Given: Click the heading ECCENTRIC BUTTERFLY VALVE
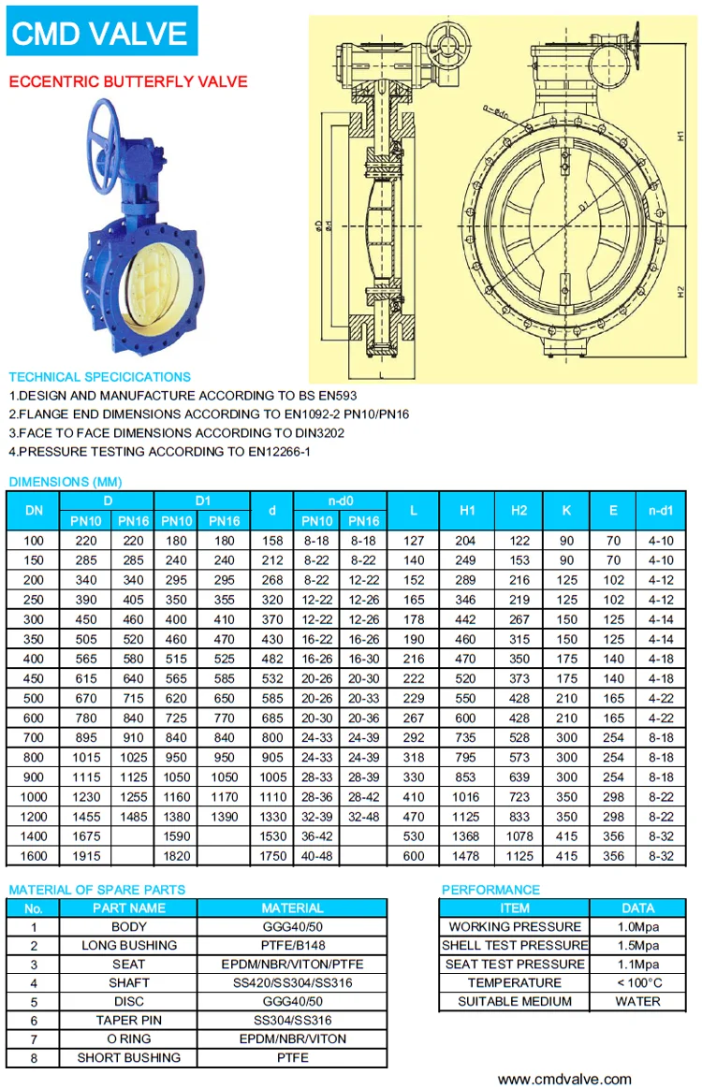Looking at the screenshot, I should coord(128,81).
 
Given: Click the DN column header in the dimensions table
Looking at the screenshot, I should coord(34,511).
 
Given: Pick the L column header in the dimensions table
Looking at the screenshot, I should coord(414,511).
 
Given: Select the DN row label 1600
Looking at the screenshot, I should coord(34,856).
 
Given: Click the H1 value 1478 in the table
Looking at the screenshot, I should coord(466,856).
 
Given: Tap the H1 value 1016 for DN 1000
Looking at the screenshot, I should coord(466,797).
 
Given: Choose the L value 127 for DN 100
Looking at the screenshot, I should coord(414,541).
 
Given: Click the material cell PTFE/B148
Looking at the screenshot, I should coord(292,946).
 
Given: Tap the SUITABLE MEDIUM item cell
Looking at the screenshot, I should coord(515,1002).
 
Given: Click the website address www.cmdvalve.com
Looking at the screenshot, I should coord(563,1079).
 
